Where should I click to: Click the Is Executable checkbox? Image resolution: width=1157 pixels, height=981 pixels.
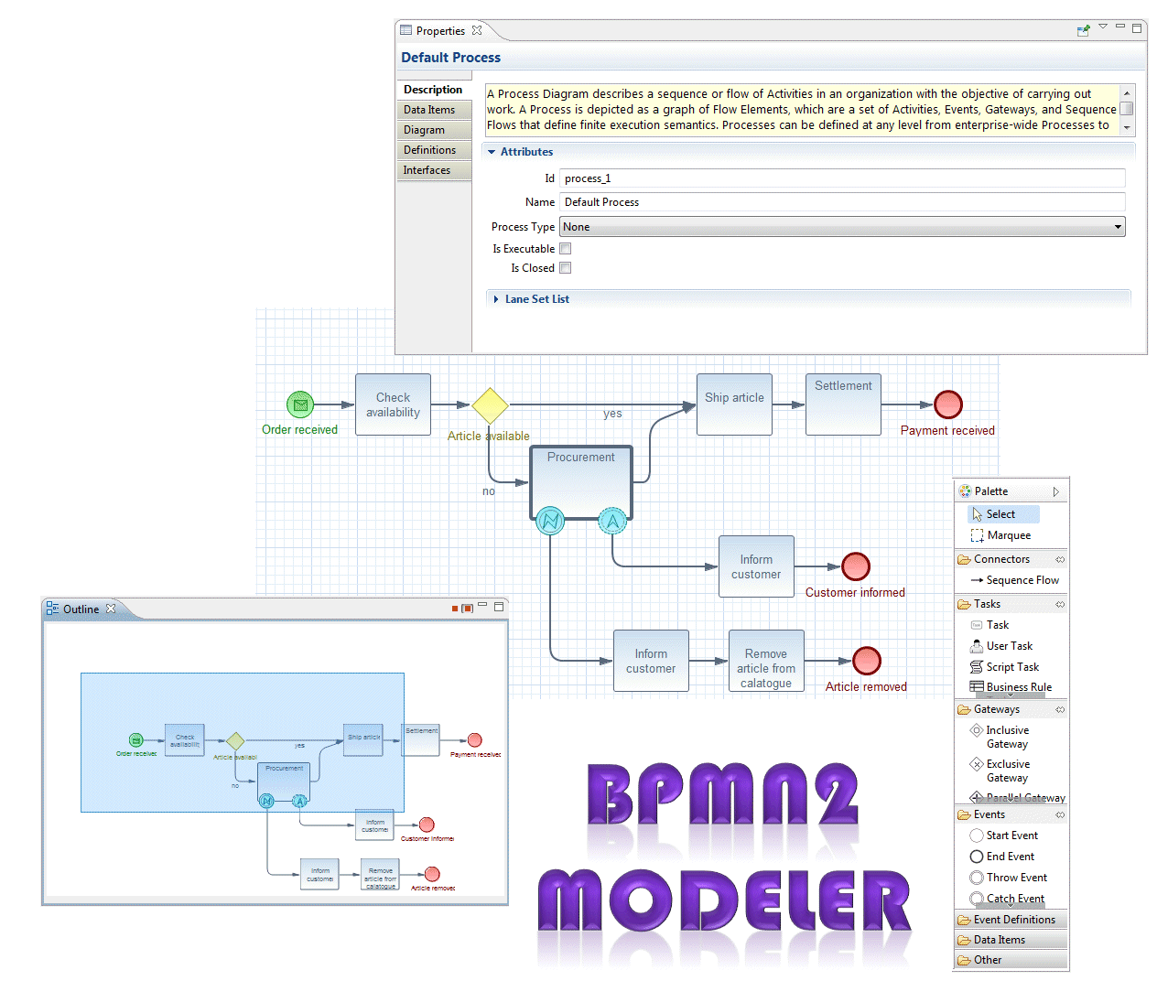pyautogui.click(x=566, y=249)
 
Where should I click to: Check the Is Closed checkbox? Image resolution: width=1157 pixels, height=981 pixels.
pyautogui.click(x=566, y=268)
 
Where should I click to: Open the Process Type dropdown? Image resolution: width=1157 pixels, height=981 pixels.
pyautogui.click(x=842, y=227)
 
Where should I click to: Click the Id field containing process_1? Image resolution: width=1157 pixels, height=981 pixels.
pyautogui.click(x=842, y=178)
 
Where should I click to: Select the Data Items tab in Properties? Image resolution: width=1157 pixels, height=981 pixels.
pyautogui.click(x=429, y=110)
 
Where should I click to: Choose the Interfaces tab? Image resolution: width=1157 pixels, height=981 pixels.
pyautogui.click(x=427, y=170)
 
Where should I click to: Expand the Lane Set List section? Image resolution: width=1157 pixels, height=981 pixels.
pyautogui.click(x=536, y=299)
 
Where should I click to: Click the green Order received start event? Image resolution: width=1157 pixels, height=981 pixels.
pyautogui.click(x=300, y=404)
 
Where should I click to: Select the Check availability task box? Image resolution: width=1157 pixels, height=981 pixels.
pyautogui.click(x=393, y=404)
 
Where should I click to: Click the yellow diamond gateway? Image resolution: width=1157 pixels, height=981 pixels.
pyautogui.click(x=490, y=405)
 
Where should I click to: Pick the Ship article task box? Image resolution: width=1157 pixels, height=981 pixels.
pyautogui.click(x=734, y=404)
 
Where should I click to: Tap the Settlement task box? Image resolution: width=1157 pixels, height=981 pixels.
pyautogui.click(x=843, y=404)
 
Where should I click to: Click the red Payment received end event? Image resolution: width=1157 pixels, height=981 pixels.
pyautogui.click(x=947, y=404)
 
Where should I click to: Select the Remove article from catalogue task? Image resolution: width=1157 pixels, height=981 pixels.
pyautogui.click(x=766, y=661)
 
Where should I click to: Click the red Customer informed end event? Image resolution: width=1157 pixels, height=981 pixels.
pyautogui.click(x=855, y=566)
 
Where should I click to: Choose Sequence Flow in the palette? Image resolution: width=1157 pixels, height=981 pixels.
pyautogui.click(x=1022, y=580)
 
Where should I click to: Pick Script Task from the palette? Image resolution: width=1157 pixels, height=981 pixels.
pyautogui.click(x=1012, y=667)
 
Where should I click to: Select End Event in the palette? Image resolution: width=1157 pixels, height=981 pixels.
pyautogui.click(x=1010, y=857)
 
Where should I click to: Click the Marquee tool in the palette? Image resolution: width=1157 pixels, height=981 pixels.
pyautogui.click(x=1008, y=535)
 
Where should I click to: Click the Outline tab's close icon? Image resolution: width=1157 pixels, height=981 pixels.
pyautogui.click(x=111, y=609)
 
